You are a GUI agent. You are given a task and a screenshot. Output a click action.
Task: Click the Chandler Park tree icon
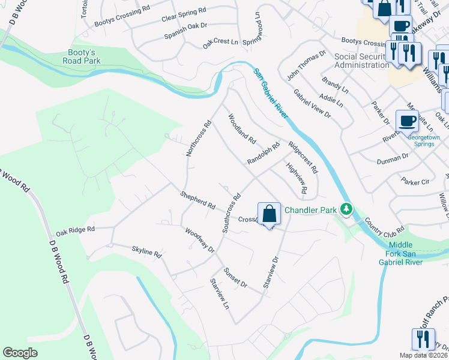click(x=346, y=209)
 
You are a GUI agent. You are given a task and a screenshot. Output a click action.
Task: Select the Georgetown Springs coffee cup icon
click(x=407, y=121)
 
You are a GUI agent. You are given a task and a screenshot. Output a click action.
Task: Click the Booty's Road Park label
click(x=84, y=56)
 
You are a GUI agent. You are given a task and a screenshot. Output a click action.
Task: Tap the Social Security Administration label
click(x=361, y=61)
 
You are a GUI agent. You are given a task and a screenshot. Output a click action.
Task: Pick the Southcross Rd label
click(x=231, y=213)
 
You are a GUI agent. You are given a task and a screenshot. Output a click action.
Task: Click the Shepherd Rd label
click(x=197, y=200)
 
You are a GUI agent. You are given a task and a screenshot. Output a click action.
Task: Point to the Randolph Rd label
click(x=264, y=154)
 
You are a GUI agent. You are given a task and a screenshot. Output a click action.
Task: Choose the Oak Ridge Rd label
click(x=76, y=230)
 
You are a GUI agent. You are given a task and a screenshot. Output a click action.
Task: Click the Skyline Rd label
click(x=147, y=251)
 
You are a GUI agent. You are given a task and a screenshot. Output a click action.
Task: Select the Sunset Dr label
click(x=235, y=278)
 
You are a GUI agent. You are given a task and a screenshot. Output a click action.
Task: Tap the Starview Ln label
click(x=219, y=293)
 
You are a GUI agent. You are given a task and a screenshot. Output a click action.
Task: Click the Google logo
click(x=20, y=353)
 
